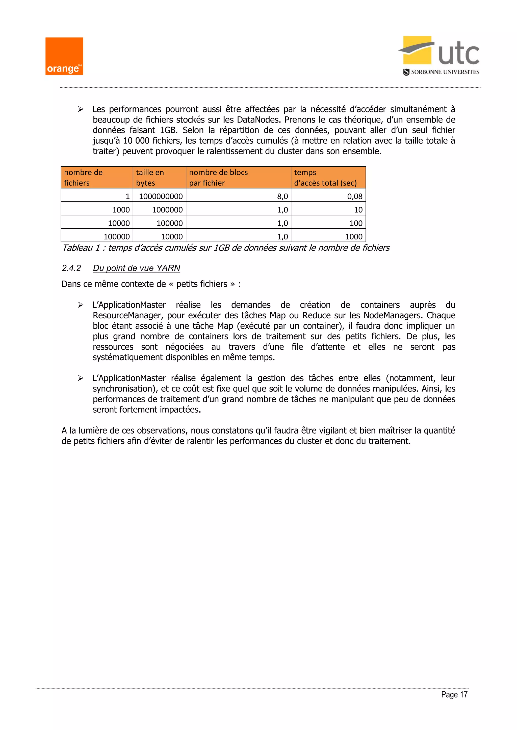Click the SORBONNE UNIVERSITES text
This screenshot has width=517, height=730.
coord(445,72)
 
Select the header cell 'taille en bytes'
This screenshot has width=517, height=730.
coord(159,177)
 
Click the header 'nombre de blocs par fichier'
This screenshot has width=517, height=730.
coord(238,177)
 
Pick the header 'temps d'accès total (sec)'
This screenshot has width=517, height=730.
coord(328,177)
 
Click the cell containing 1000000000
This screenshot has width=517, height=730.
coord(161,196)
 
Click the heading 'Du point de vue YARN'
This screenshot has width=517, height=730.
coord(136,268)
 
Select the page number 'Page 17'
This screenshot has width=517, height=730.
coord(454,694)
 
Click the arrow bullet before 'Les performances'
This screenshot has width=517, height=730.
coord(81,109)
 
